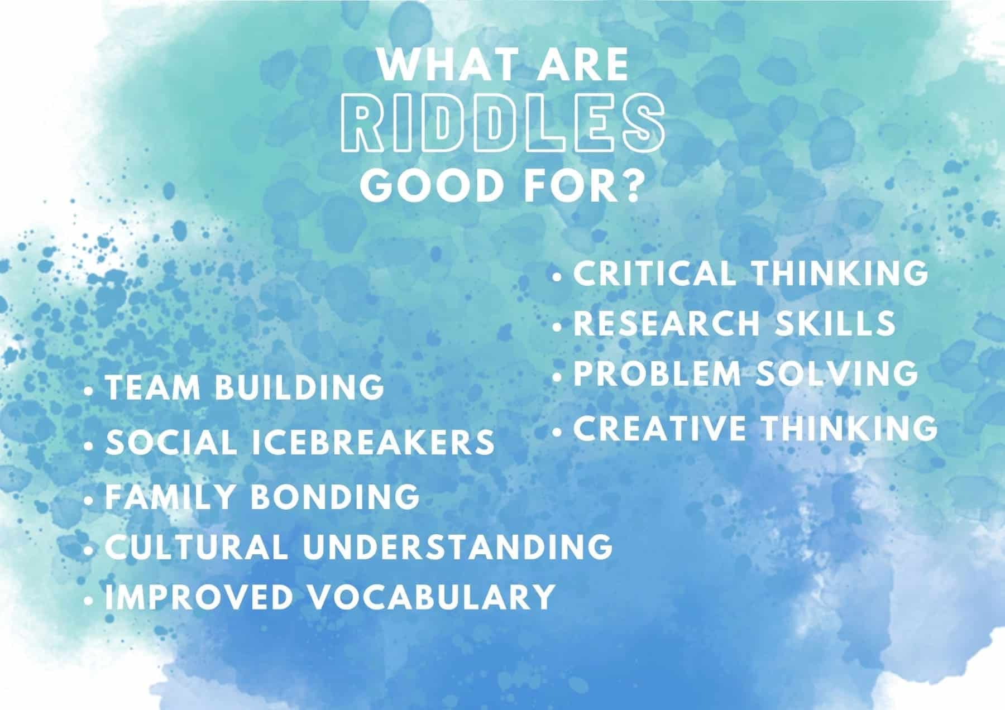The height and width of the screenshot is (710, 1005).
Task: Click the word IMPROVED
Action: click(199, 596)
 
